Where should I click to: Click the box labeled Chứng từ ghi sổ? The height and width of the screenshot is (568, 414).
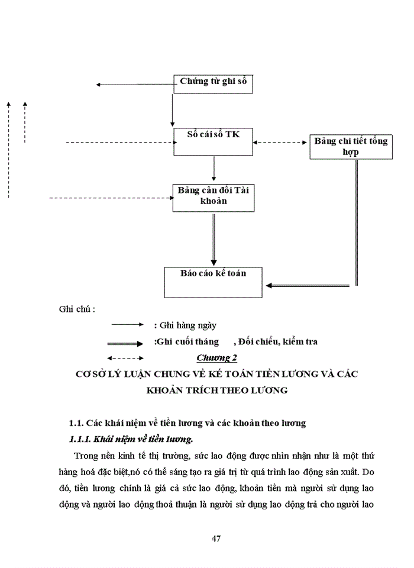point(214,83)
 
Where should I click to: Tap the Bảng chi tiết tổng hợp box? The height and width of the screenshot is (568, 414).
point(351,147)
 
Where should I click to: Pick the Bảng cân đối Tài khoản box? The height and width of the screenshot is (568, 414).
point(214,197)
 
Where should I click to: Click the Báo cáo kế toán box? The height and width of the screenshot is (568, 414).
point(213,282)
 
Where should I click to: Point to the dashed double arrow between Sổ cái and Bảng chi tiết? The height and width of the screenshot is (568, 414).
point(282,142)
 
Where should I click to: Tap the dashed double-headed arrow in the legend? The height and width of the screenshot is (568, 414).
point(125,358)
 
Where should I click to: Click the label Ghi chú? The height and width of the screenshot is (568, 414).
point(77,309)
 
